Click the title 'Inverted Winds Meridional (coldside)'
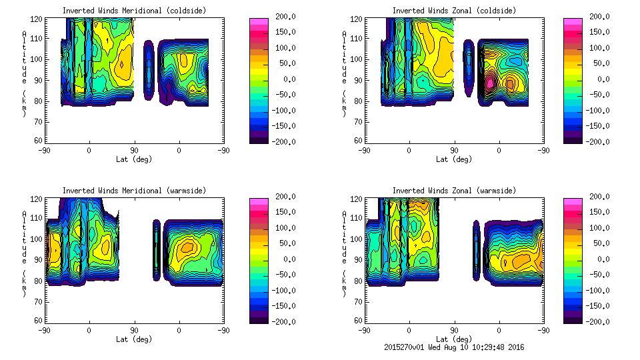click(x=134, y=11)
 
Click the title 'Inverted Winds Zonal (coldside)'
click(x=454, y=11)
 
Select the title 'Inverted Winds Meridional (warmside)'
click(x=134, y=191)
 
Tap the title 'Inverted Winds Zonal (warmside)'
click(x=454, y=191)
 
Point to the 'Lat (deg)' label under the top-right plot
click(x=454, y=159)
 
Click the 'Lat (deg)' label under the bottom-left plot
click(x=134, y=339)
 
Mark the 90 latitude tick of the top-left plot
click(x=134, y=150)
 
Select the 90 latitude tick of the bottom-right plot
click(x=454, y=330)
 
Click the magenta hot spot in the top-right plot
click(x=489, y=83)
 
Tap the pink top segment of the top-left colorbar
click(x=258, y=21)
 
